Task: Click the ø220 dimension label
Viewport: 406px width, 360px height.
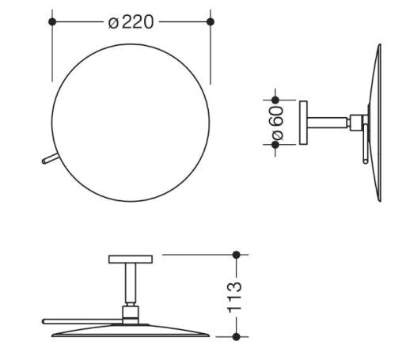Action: (x=131, y=22)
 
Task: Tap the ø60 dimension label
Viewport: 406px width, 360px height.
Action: (x=278, y=123)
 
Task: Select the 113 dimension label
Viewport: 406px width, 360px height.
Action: (x=234, y=297)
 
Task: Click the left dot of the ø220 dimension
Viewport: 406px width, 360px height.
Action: (x=52, y=22)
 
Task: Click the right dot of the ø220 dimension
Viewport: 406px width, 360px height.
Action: (x=211, y=22)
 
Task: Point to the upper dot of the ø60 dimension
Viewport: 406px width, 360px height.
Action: (x=275, y=100)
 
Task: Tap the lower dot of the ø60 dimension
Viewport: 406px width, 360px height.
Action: (x=275, y=145)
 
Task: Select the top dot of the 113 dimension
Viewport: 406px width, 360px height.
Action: (x=237, y=255)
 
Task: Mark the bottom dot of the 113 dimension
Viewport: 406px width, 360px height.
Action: (x=237, y=337)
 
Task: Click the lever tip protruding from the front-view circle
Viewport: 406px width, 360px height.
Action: (x=44, y=161)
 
